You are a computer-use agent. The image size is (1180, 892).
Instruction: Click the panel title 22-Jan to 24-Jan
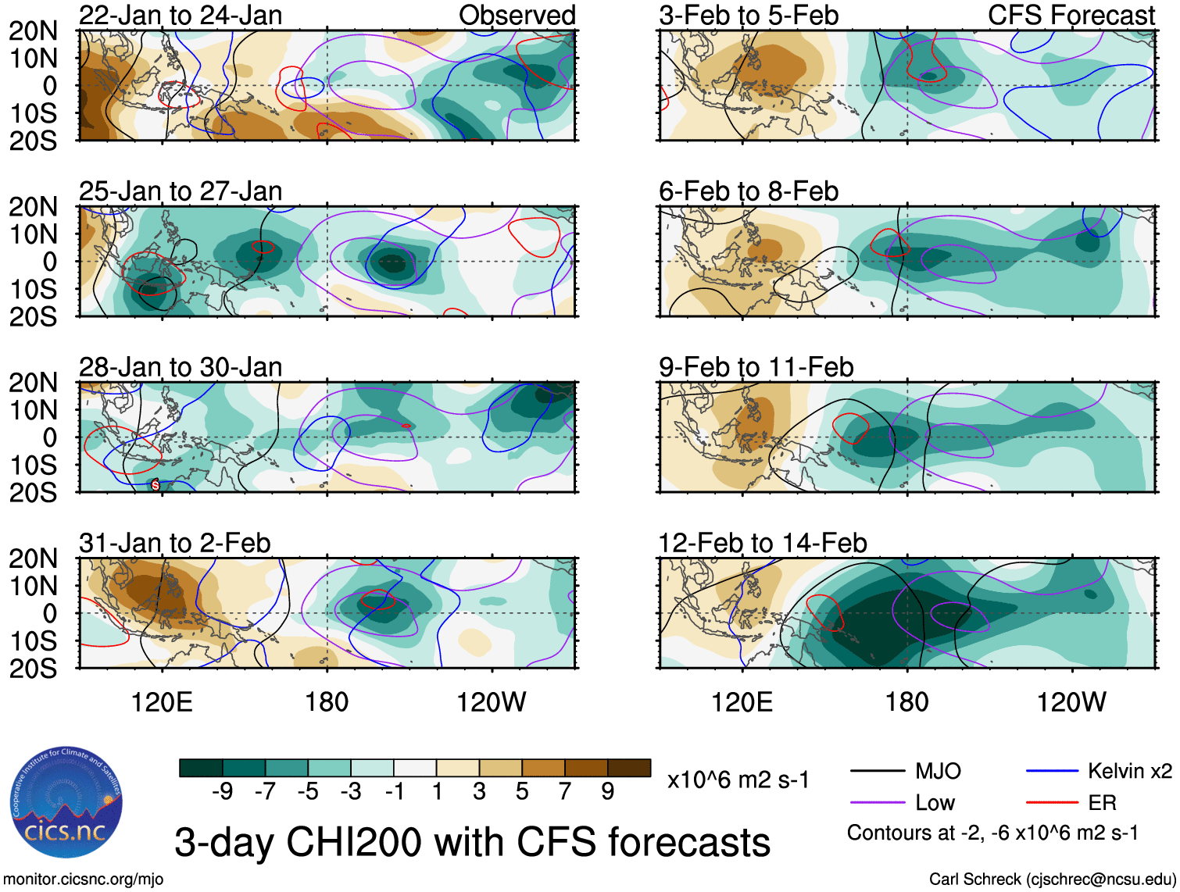pos(181,16)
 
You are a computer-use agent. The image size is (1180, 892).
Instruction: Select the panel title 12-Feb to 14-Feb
pos(763,543)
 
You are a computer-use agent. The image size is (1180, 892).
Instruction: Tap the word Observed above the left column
pos(517,16)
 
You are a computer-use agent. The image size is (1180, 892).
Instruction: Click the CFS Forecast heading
pos(1071,16)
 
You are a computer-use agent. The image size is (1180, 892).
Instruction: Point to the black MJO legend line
pos(877,772)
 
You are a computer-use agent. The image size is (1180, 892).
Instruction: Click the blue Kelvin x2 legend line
pos(1052,772)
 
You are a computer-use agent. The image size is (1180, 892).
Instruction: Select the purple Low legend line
pos(877,802)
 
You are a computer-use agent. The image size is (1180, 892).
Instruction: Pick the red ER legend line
pos(1052,802)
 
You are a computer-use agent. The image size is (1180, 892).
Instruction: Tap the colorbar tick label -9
pos(222,792)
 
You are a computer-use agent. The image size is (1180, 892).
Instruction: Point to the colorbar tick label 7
pos(565,792)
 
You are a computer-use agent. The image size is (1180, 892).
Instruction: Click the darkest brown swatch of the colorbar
pos(629,768)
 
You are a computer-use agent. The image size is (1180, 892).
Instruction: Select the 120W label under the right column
pos(1071,702)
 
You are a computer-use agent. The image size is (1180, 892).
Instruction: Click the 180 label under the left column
pos(327,702)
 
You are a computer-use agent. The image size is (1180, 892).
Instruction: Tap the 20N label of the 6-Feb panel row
pos(33,207)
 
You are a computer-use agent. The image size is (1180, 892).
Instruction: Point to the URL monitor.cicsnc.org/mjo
pos(84,880)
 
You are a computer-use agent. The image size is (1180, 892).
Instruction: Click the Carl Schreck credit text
pos(1052,880)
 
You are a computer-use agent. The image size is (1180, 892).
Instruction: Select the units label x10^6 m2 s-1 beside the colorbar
pos(738,780)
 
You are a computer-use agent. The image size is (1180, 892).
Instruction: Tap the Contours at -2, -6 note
pos(992,833)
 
